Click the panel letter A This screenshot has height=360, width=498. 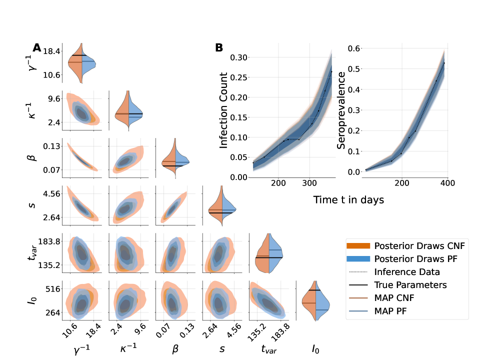37,48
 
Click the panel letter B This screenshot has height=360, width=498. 219,48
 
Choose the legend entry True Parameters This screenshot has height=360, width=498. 410,285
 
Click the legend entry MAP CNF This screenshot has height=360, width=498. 396,298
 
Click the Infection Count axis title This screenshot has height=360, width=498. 223,110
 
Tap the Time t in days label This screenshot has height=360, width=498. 348,199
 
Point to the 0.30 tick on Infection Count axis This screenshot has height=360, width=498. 238,57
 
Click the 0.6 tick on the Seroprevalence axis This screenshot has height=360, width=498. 354,48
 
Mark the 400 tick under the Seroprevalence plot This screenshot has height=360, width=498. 447,183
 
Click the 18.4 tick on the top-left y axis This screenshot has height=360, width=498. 51,51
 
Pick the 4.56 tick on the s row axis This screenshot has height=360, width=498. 51,194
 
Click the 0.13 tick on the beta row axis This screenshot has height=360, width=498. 51,146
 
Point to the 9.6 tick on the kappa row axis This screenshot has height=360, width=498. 53,98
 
